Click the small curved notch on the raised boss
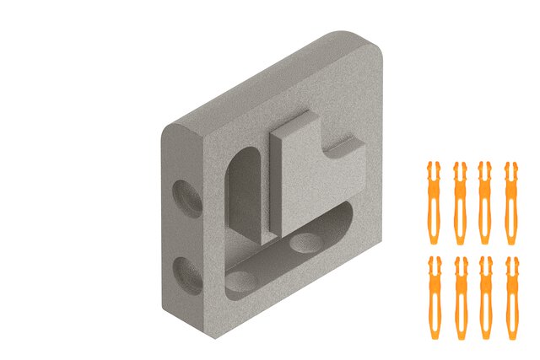point(341,144)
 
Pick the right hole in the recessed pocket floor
point(305,244)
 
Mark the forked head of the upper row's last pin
point(510,168)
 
